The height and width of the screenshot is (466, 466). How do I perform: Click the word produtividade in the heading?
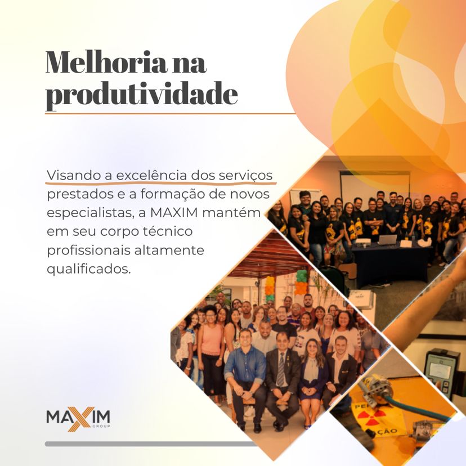[141, 95]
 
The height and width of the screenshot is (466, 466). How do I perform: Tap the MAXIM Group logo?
[78, 419]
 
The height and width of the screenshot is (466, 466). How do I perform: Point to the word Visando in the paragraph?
[71, 174]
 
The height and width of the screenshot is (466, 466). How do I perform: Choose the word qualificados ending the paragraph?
[88, 269]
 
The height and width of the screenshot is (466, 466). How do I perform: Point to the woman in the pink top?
[211, 349]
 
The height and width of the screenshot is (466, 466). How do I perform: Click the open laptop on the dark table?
[388, 240]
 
